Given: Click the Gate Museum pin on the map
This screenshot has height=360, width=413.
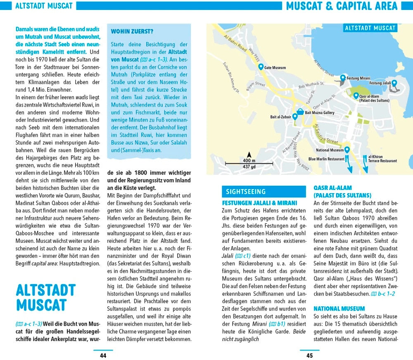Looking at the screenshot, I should pyautogui.click(x=261, y=66).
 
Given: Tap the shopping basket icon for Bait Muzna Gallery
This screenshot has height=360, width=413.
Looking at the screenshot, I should pyautogui.click(x=300, y=111).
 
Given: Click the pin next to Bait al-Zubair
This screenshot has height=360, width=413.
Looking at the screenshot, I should pyautogui.click(x=295, y=116).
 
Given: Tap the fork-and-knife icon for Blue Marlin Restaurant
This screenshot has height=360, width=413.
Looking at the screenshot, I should pyautogui.click(x=347, y=159).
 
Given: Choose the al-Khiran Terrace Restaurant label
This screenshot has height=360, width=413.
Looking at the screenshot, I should pyautogui.click(x=382, y=159).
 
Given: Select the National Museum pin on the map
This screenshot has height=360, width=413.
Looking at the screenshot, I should pyautogui.click(x=347, y=150).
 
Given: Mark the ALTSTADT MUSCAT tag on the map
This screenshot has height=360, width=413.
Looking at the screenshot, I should pyautogui.click(x=370, y=28).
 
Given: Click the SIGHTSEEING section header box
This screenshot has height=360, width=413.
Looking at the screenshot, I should pyautogui.click(x=246, y=192).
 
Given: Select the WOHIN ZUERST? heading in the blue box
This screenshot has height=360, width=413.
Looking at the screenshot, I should pyautogui.click(x=132, y=31).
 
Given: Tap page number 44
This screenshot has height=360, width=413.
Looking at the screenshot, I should pyautogui.click(x=103, y=355).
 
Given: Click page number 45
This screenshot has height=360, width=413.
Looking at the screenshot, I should pyautogui.click(x=309, y=355).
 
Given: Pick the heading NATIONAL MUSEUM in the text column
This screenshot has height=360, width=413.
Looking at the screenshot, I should pyautogui.click(x=339, y=308).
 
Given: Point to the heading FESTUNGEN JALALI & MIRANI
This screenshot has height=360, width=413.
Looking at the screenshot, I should pyautogui.click(x=259, y=203).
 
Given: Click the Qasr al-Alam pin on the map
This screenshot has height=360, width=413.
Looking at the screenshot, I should pyautogui.click(x=356, y=96).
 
